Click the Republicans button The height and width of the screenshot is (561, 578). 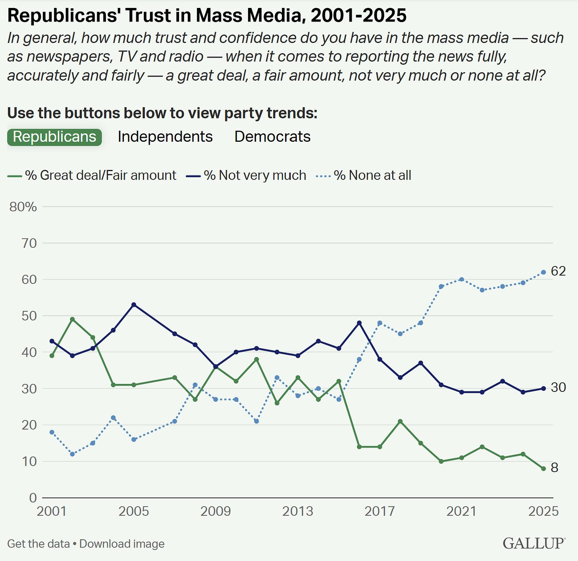[54, 137]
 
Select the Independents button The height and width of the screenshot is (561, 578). [165, 137]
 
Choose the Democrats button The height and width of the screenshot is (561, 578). [272, 137]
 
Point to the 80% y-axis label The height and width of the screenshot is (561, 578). [23, 207]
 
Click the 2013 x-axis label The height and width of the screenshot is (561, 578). [298, 511]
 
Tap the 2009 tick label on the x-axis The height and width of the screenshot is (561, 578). [216, 511]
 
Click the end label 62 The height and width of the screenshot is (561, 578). [558, 271]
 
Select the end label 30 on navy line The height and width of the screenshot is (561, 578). [558, 387]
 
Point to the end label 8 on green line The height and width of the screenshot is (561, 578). [555, 468]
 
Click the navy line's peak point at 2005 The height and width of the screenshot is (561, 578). [134, 305]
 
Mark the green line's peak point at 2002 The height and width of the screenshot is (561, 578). [72, 319]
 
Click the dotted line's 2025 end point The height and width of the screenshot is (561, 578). [543, 272]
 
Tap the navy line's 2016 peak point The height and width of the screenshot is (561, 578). [359, 323]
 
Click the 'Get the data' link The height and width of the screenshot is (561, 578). [39, 544]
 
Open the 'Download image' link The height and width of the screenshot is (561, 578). [122, 544]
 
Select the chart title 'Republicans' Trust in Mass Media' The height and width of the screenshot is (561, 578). [207, 16]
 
